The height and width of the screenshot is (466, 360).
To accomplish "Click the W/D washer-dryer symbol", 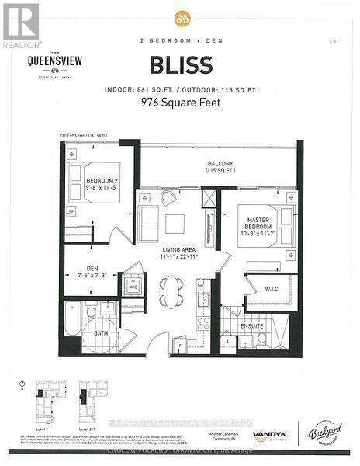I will click(x=133, y=287).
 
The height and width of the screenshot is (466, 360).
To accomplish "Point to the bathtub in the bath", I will click(x=73, y=320).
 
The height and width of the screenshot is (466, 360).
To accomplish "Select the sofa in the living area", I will click(x=147, y=224).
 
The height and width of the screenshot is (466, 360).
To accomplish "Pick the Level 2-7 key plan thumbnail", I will click(x=88, y=402).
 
